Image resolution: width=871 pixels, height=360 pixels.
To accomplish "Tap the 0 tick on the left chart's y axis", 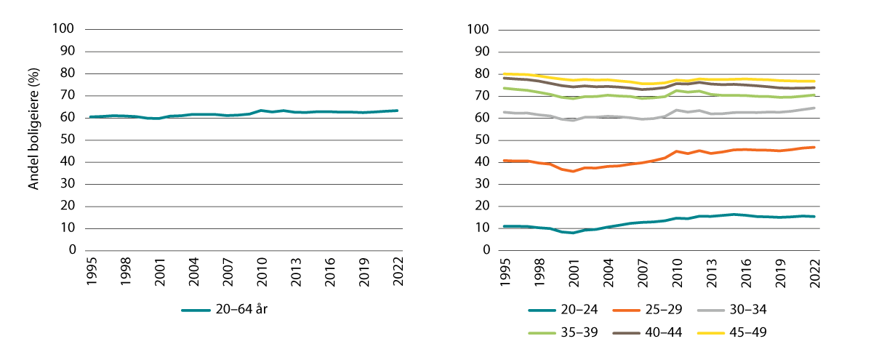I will point(72,250).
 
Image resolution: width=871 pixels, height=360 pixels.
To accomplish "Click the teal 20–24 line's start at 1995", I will point(505,226).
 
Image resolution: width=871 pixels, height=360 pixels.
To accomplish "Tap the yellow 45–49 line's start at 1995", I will point(505,73).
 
